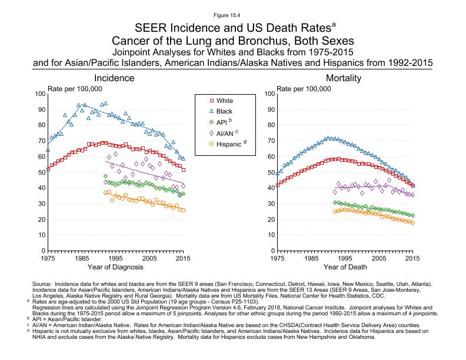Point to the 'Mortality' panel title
344,78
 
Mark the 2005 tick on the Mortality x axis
378,258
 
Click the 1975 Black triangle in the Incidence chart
48,150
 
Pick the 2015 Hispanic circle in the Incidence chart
183,210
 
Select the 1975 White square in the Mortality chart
277,185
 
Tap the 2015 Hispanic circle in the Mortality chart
412,222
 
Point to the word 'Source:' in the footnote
43,284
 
